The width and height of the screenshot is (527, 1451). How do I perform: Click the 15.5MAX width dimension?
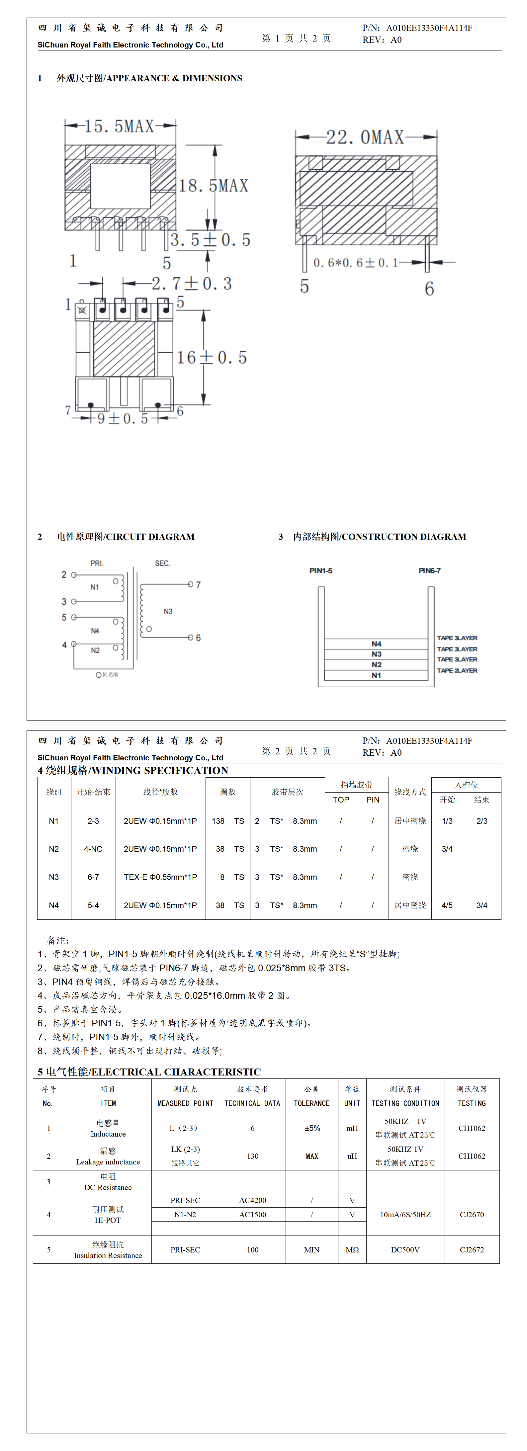[x=120, y=126]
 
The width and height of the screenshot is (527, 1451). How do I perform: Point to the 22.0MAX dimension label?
[x=365, y=137]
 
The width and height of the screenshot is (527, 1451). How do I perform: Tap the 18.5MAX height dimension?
[x=214, y=185]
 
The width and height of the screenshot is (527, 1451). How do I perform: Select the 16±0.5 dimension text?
[x=212, y=357]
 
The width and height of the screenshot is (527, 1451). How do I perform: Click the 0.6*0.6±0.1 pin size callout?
[x=355, y=263]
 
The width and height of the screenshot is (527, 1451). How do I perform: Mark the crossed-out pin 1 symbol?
[x=82, y=310]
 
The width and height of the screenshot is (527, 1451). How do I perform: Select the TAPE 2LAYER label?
[x=457, y=670]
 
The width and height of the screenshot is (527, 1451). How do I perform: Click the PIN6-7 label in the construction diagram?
[x=429, y=570]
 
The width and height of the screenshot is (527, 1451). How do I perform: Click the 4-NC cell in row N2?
[x=93, y=849]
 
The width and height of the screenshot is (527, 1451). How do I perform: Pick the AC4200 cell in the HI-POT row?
[x=252, y=1200]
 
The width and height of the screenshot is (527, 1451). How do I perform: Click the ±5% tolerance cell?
[x=312, y=1128]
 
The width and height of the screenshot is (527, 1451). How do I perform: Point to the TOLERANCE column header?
[x=312, y=1103]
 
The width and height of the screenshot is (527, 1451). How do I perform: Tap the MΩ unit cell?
[x=352, y=1249]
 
